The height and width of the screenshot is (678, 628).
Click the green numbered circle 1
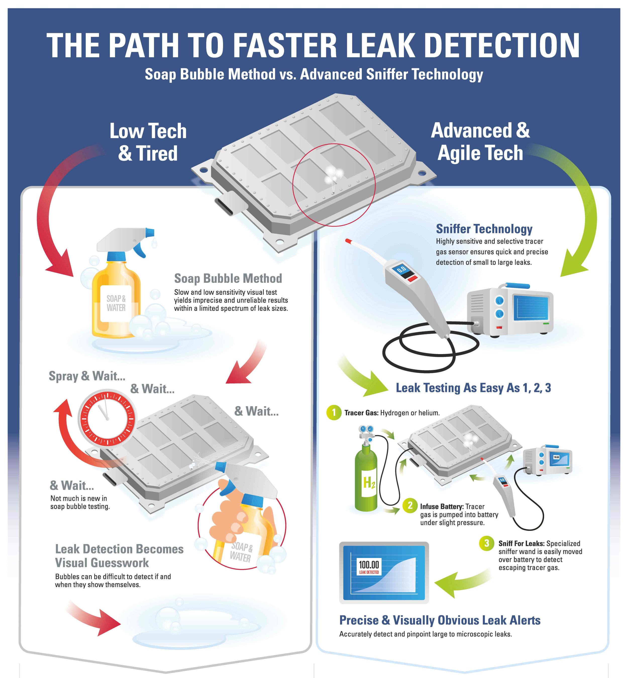[x=334, y=413]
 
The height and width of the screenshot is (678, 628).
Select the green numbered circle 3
[x=487, y=543]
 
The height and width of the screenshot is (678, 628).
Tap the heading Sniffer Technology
[x=484, y=229]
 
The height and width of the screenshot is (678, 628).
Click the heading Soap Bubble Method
[x=228, y=278]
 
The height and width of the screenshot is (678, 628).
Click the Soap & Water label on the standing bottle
[x=116, y=303]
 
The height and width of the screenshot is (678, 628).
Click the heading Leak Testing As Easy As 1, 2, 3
[x=473, y=388]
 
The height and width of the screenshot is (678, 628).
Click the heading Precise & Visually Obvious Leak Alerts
[x=440, y=620]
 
